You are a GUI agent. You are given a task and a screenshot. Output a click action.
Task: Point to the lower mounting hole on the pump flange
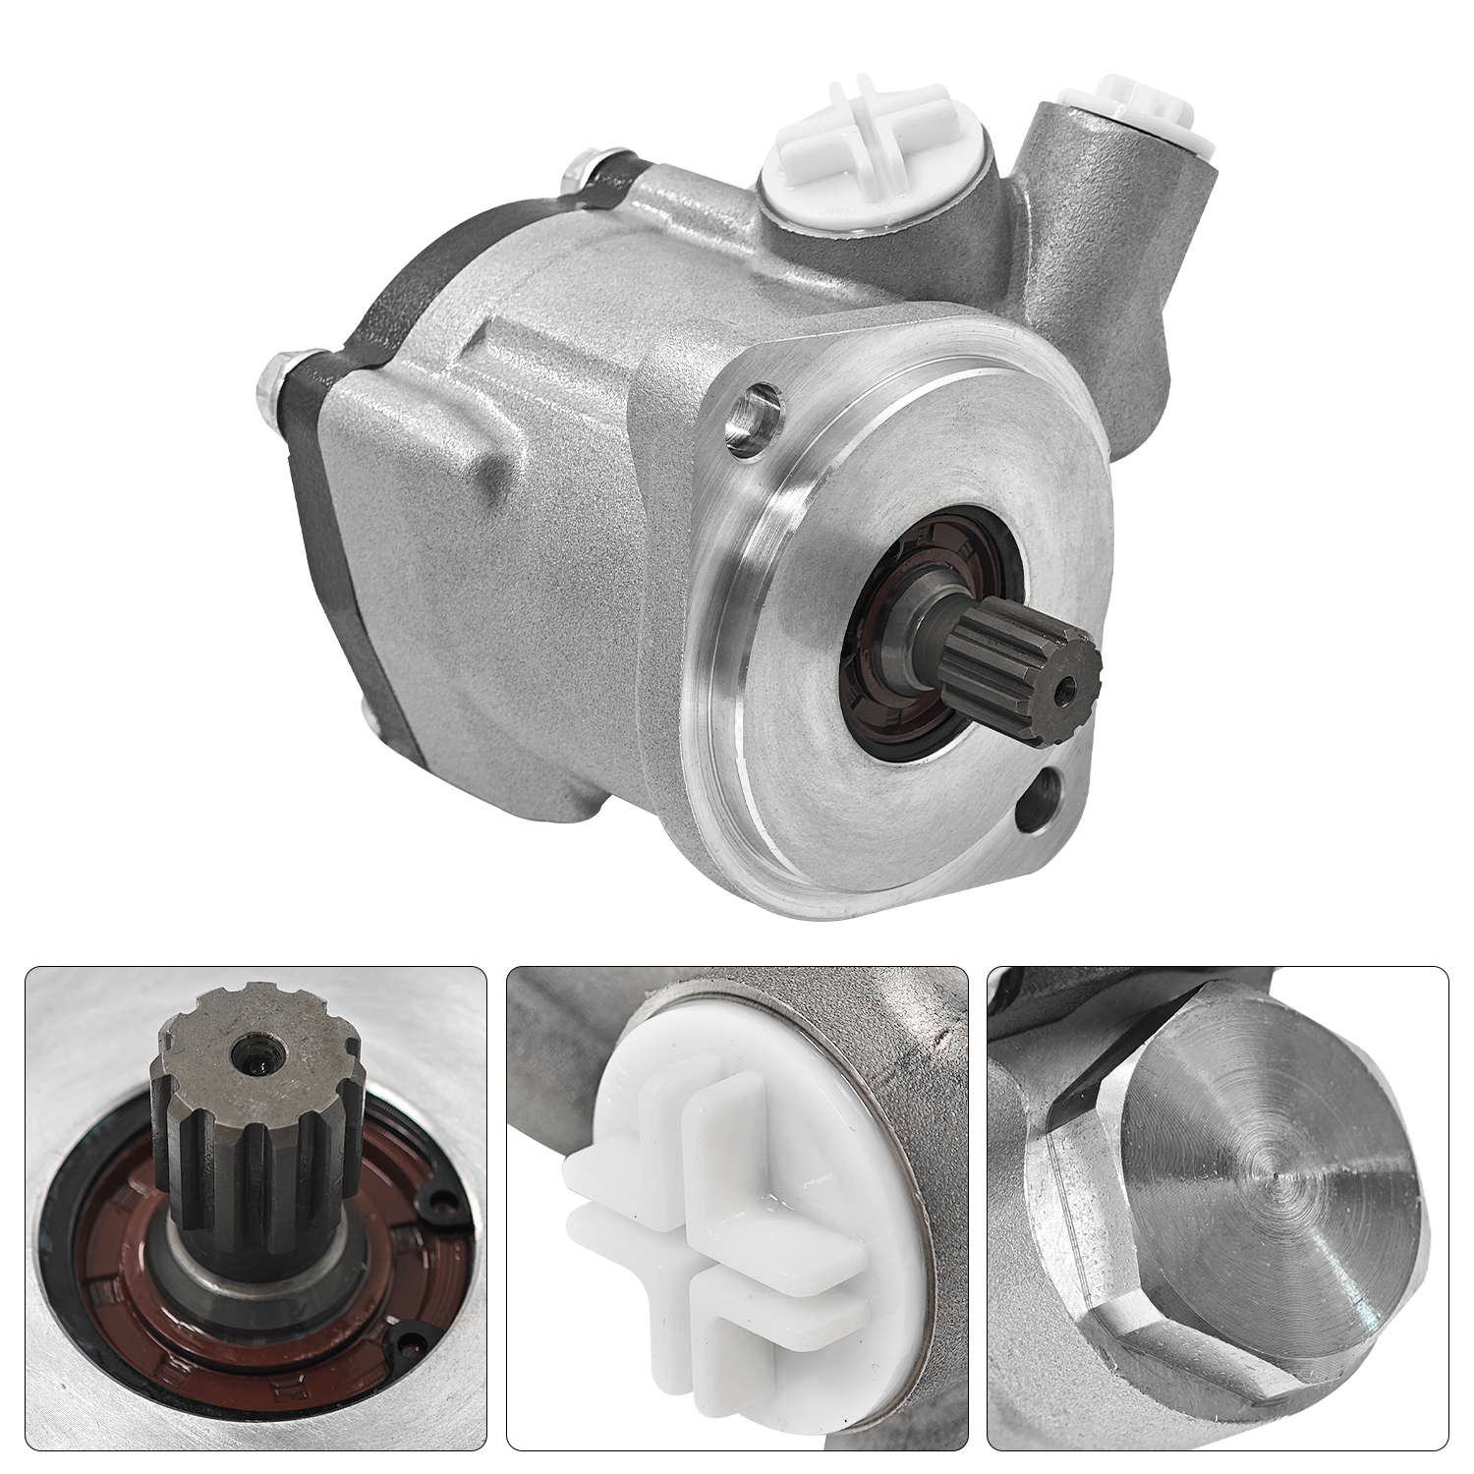(x=1041, y=791)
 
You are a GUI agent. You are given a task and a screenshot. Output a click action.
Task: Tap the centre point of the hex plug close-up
(x=1275, y=1173)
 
